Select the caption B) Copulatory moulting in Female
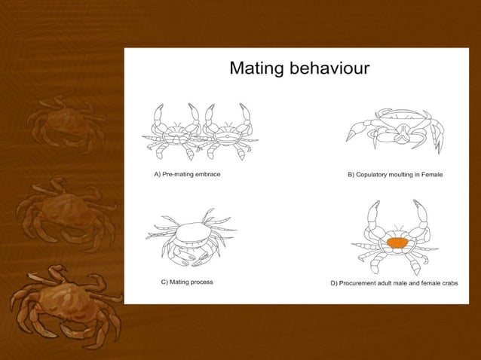pos(394,174)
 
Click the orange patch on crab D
pos(396,243)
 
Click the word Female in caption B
pos(430,174)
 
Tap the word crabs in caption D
pos(447,284)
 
